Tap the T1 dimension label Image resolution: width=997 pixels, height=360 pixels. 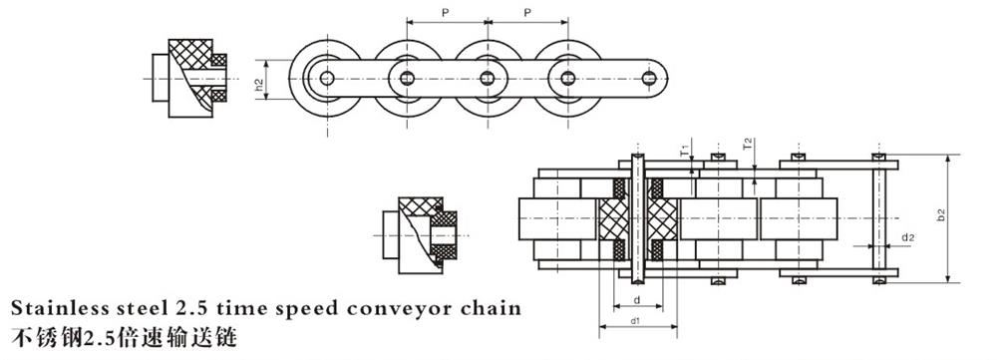[x=685, y=153]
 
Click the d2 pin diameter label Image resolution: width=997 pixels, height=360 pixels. [x=907, y=237]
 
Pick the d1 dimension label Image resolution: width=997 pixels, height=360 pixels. [x=635, y=321]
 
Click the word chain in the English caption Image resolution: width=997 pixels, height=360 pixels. [x=491, y=306]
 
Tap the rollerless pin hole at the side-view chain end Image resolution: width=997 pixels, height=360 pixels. [x=649, y=77]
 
